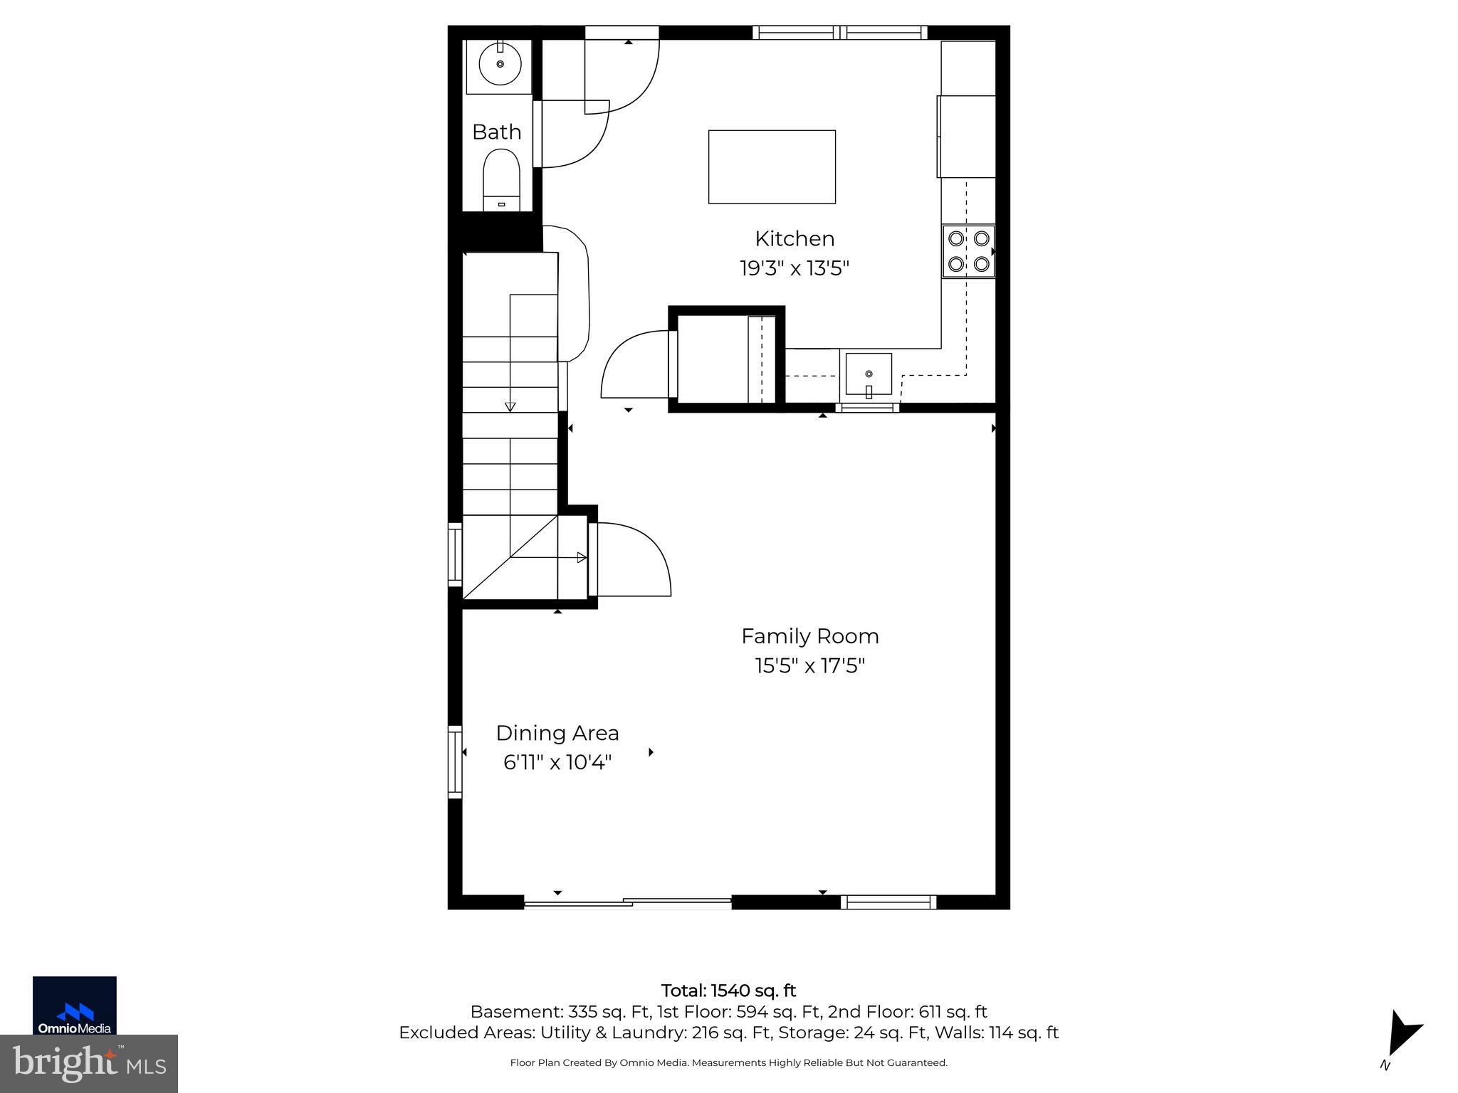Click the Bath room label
coord(496,132)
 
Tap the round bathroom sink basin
coord(500,65)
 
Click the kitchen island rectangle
coord(772,167)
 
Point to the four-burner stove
coord(968,251)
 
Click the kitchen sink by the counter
coord(868,374)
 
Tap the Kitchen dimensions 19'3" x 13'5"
coord(794,269)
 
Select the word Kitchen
coord(794,238)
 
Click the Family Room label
coord(809,636)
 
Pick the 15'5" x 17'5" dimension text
coord(809,666)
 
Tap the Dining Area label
coord(557,733)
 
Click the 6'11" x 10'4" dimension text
coord(557,763)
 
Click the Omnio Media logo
coord(75,1005)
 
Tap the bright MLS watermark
coord(89,1063)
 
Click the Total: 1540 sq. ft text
coord(728,991)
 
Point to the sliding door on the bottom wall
coord(628,903)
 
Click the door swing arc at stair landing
coord(634,559)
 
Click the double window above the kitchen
coord(840,32)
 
